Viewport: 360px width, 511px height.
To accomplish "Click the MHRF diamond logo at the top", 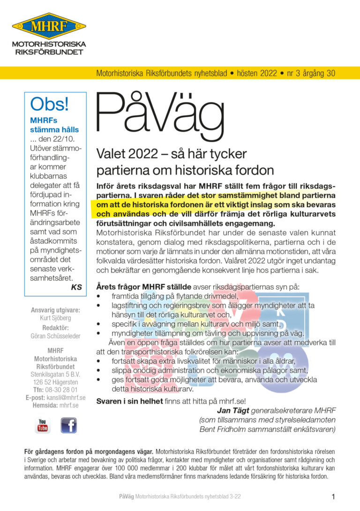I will (49, 26).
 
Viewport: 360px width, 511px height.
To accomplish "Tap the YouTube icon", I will (43, 425).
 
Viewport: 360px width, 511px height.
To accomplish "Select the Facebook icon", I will (68, 425).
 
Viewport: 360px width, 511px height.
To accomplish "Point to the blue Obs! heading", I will (49, 103).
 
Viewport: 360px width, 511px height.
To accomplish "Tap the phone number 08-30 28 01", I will (61, 390).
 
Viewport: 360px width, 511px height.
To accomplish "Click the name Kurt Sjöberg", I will (55, 318).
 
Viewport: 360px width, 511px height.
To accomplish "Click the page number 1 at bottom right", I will (333, 497).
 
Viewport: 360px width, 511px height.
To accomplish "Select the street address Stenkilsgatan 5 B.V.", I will (55, 375).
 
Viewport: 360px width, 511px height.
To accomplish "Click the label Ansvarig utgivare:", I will (55, 310).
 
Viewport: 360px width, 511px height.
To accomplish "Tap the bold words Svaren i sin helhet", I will (129, 401).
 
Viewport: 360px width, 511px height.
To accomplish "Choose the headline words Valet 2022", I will (121, 153).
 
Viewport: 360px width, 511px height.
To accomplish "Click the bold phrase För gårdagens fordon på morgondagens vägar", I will (89, 451).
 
